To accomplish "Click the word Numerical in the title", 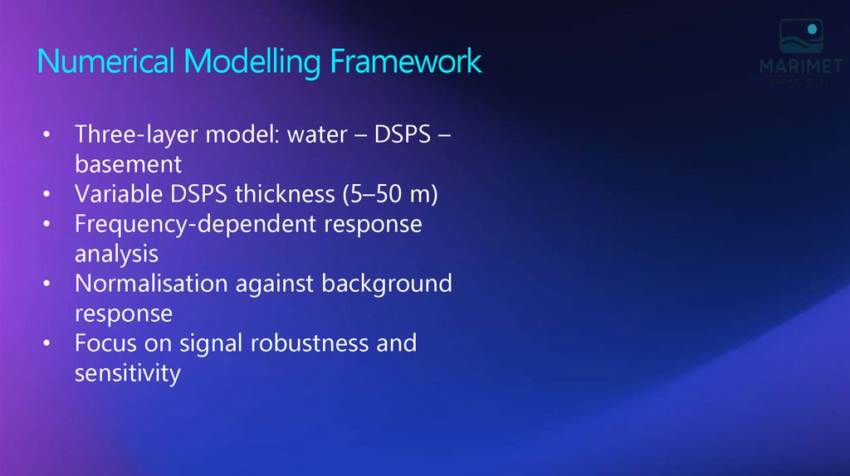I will (106, 62).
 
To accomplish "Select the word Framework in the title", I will (405, 62).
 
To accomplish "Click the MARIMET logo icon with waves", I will (800, 37).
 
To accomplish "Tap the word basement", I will (128, 164).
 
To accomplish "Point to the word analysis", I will (116, 254).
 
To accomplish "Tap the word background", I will (386, 284).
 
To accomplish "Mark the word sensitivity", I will (127, 373).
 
